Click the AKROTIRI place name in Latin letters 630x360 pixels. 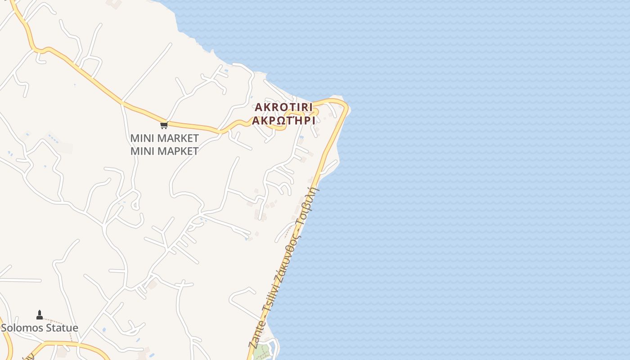pyautogui.click(x=283, y=108)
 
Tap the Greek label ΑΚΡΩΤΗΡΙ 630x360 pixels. pyautogui.click(x=283, y=121)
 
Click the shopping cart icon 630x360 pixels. pyautogui.click(x=164, y=125)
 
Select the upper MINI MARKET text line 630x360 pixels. pyautogui.click(x=164, y=138)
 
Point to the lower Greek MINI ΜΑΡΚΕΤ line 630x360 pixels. pyautogui.click(x=164, y=151)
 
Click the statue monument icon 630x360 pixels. pyautogui.click(x=40, y=315)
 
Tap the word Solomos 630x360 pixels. pyautogui.click(x=21, y=328)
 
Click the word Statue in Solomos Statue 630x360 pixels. pyautogui.click(x=61, y=328)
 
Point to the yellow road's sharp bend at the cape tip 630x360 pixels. pyautogui.click(x=346, y=106)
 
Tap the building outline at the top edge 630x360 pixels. pyautogui.click(x=114, y=4)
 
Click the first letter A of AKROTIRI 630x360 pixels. pyautogui.click(x=258, y=108)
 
